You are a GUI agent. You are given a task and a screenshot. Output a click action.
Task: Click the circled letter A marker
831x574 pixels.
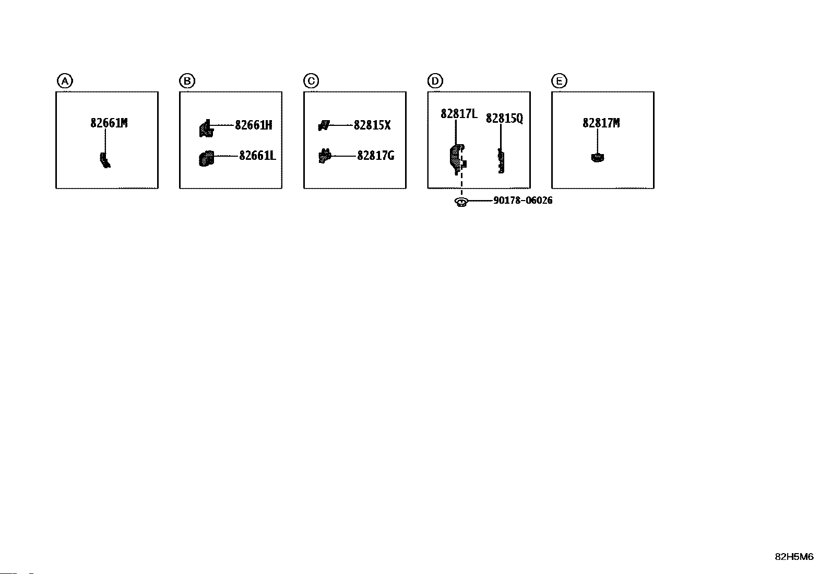[x=64, y=81]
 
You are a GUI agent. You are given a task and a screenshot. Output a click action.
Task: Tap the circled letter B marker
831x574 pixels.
[x=187, y=81]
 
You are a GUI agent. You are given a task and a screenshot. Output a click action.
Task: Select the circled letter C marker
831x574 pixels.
[x=311, y=81]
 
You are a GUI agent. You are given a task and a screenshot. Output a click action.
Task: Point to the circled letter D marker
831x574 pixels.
[x=435, y=81]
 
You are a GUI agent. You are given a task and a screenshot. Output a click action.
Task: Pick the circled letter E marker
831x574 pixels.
[x=559, y=81]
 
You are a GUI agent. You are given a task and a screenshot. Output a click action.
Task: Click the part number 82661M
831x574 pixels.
[x=109, y=123]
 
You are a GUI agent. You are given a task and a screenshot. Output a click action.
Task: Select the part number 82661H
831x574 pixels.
[x=253, y=125]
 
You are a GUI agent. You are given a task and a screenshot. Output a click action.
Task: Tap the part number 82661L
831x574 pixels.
[x=257, y=156]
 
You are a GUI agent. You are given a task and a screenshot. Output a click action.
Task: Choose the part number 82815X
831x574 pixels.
[x=372, y=125]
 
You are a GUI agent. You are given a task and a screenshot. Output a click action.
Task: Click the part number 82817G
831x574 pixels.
[x=375, y=156]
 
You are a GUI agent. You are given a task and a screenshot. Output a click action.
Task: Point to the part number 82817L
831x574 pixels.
[x=459, y=114]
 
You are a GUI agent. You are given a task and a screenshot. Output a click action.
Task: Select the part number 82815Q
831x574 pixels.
[x=504, y=119]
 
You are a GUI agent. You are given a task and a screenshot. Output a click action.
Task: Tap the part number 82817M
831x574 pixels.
[x=601, y=123]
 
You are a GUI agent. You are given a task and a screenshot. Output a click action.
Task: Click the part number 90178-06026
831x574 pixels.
[x=523, y=201]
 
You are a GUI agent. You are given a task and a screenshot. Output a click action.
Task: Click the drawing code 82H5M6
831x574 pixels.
[x=793, y=557]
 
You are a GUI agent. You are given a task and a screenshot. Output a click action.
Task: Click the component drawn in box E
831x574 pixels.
[x=598, y=157]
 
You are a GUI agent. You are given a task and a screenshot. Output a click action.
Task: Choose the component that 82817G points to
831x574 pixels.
[x=325, y=156]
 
